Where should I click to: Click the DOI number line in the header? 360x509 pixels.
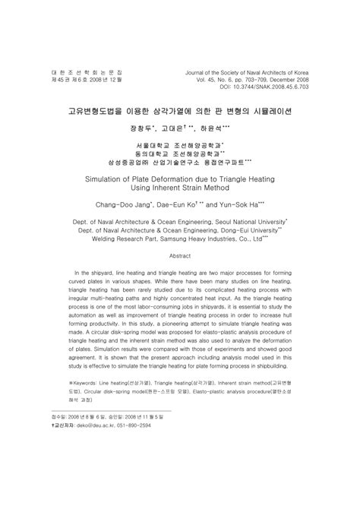click(x=278, y=87)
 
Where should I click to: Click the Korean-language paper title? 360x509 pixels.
click(x=179, y=110)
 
